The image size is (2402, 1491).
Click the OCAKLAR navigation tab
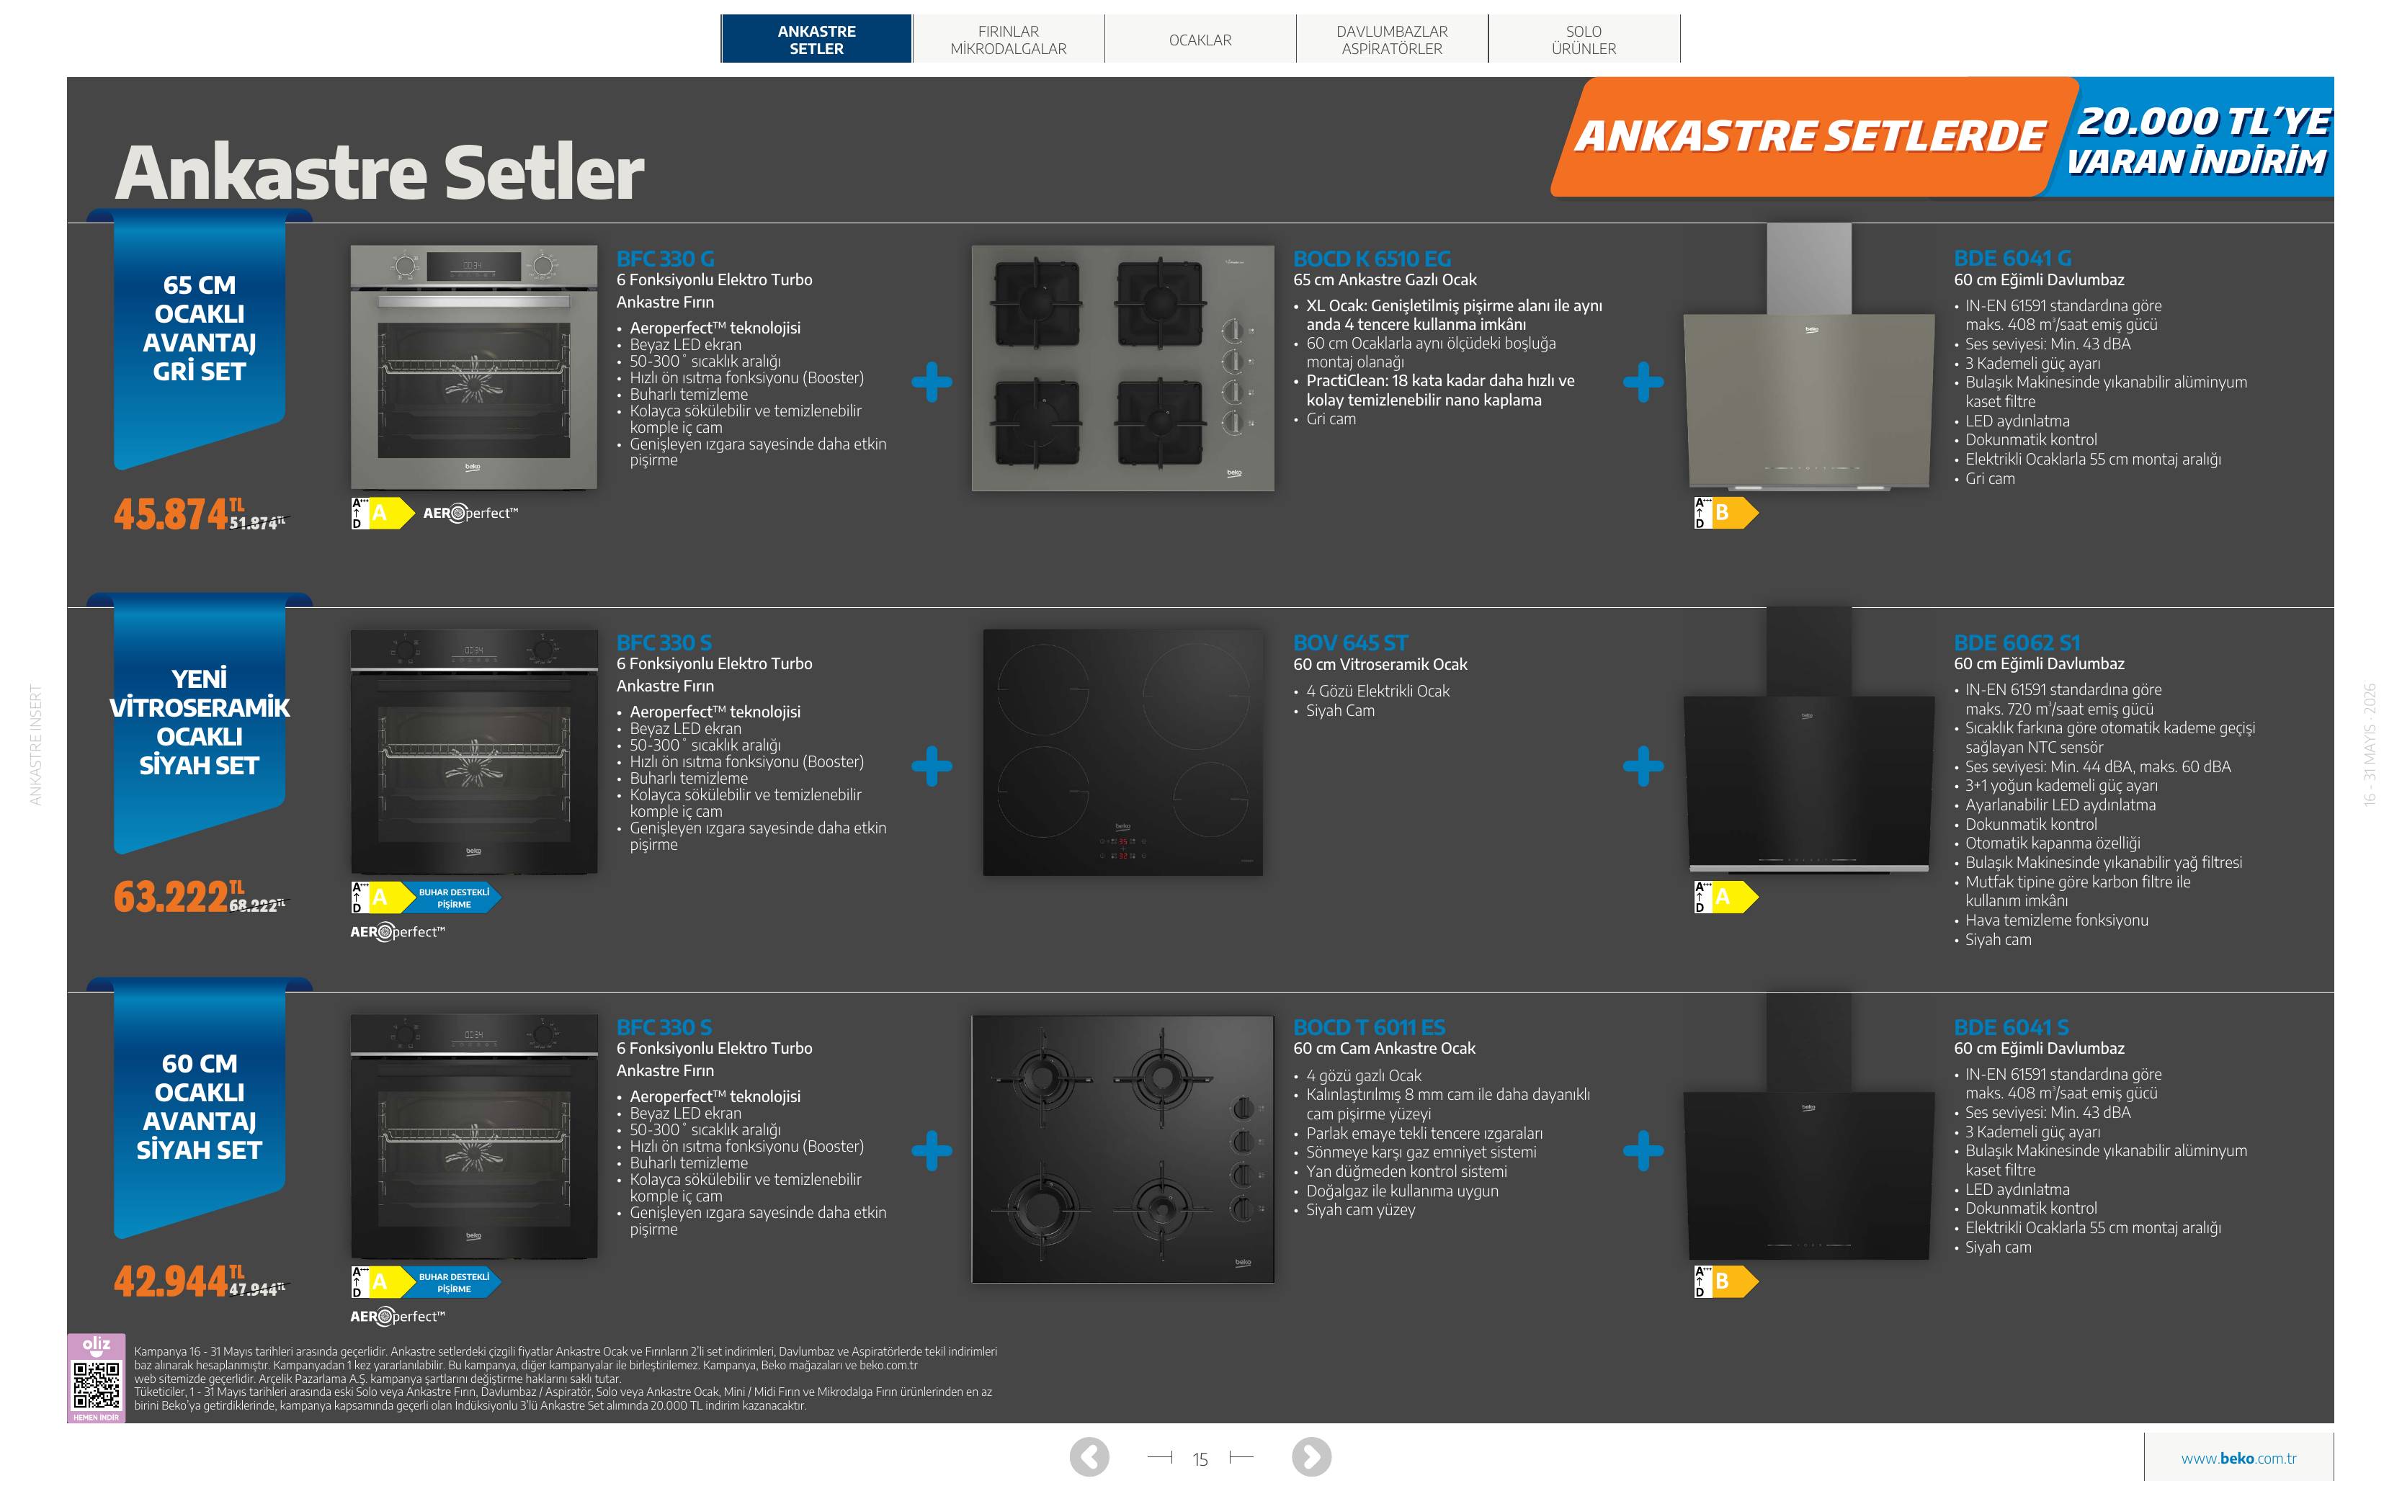click(x=1200, y=40)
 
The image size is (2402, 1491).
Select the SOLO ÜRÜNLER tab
click(x=1584, y=40)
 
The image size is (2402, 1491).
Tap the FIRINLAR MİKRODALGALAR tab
click(x=1008, y=40)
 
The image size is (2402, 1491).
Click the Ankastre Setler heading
click(x=380, y=173)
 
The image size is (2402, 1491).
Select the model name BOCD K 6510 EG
click(x=1372, y=259)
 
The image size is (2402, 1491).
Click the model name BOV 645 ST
click(x=1351, y=643)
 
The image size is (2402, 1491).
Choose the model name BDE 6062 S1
click(x=2017, y=643)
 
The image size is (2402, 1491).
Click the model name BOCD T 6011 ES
click(x=1369, y=1028)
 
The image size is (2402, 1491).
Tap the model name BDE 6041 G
click(x=2012, y=259)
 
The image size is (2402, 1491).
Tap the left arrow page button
click(x=1089, y=1456)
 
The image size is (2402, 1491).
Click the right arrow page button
click(x=1311, y=1456)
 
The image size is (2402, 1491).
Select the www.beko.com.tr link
click(x=2238, y=1459)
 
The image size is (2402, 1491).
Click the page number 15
click(x=1200, y=1459)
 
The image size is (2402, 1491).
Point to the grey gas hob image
click(x=1123, y=368)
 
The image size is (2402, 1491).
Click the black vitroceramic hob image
click(x=1123, y=753)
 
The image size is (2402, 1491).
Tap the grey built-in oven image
click(x=474, y=367)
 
